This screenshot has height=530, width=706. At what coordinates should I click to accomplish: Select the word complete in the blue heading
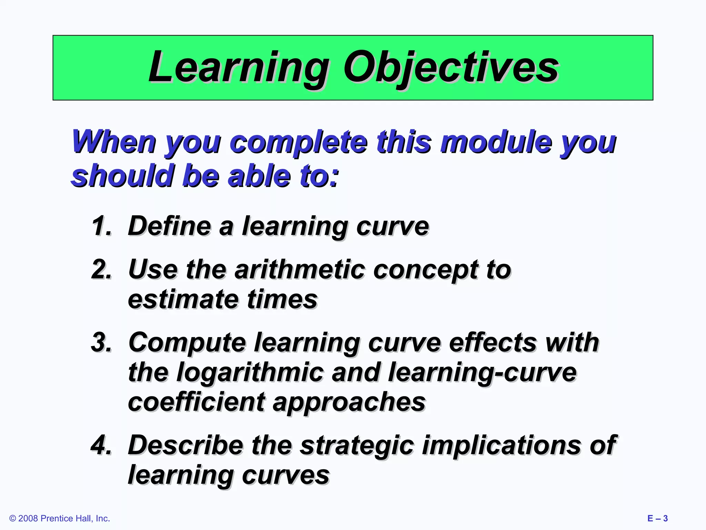[x=298, y=142]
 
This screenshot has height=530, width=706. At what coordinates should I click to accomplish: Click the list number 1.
[x=102, y=226]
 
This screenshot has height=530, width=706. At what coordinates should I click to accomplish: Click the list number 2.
[x=102, y=269]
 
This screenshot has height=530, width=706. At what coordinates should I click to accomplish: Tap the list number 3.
[x=102, y=343]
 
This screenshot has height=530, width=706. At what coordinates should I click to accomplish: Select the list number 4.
[x=102, y=445]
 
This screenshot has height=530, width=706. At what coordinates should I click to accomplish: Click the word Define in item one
[x=169, y=226]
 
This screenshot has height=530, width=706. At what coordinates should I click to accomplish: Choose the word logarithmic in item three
[x=250, y=373]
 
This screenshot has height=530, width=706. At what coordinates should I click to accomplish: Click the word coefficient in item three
[x=196, y=402]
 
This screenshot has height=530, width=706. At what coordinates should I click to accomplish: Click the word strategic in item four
[x=357, y=445]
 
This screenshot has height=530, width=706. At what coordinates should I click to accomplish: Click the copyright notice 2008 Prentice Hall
[x=60, y=519]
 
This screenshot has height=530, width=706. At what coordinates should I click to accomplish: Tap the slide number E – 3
[x=657, y=519]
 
